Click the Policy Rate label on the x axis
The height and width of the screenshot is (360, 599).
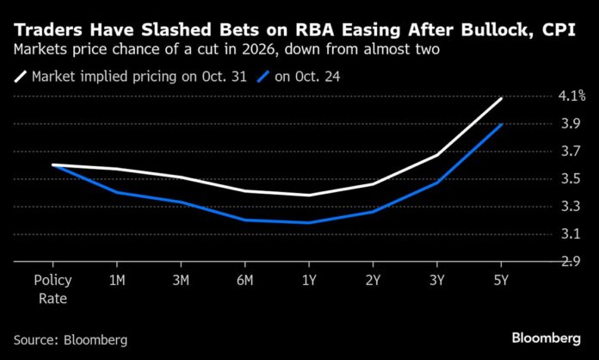click(x=52, y=289)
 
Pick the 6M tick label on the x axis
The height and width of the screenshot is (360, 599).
click(x=244, y=281)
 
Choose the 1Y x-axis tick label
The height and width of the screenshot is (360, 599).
click(x=309, y=281)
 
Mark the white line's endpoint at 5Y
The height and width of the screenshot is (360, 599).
click(x=502, y=99)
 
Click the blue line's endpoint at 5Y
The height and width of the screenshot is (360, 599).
click(x=502, y=125)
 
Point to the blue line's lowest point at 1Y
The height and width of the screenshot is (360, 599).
click(x=308, y=223)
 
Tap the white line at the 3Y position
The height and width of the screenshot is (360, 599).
click(x=437, y=155)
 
